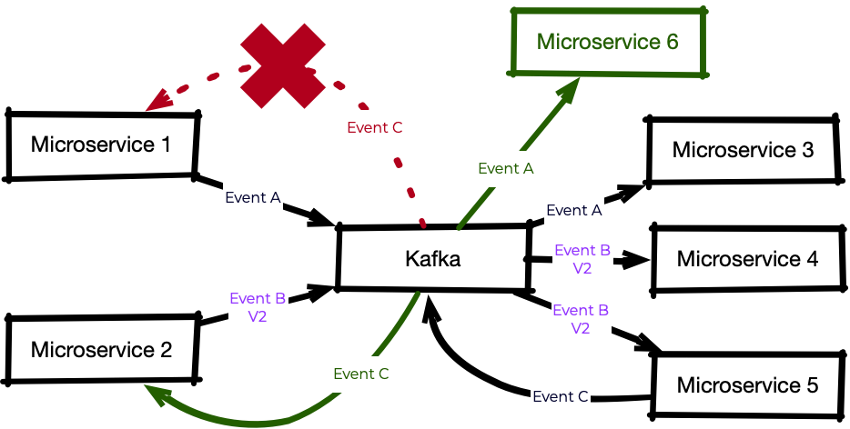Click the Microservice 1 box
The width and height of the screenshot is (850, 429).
click(101, 145)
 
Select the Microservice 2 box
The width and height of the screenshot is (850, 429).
click(101, 350)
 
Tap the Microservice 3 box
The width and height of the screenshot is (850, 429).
click(743, 150)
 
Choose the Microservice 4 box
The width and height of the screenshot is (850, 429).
click(746, 259)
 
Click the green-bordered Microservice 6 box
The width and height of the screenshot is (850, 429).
click(607, 42)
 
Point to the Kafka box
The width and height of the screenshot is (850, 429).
click(432, 259)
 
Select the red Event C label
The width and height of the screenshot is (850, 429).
click(375, 127)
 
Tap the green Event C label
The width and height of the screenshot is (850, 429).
click(361, 374)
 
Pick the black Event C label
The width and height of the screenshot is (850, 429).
click(560, 396)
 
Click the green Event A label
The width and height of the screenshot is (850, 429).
click(505, 168)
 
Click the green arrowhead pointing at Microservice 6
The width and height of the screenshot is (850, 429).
click(569, 89)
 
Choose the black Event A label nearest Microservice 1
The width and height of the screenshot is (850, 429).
click(253, 197)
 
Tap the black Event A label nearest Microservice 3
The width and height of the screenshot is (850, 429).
click(573, 210)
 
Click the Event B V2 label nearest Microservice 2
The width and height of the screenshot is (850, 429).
click(258, 307)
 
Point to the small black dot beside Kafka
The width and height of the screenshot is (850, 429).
click(525, 260)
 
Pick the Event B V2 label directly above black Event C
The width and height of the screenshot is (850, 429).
click(581, 319)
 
